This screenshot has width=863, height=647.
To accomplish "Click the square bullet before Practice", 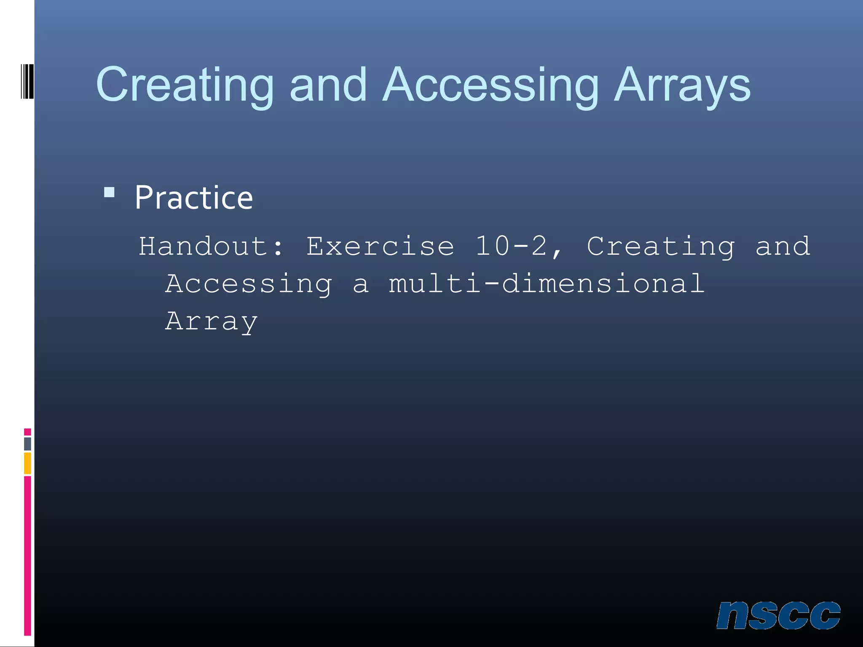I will click(109, 192).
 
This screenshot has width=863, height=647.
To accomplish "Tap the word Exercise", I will click(380, 246).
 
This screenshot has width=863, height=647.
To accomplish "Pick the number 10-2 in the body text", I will click(511, 246).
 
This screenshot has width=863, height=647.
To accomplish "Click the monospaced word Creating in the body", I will click(661, 246).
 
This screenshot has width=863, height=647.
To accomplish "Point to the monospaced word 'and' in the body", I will click(783, 246).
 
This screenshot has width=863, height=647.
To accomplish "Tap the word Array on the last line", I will click(211, 321).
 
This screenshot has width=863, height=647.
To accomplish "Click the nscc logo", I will click(778, 615).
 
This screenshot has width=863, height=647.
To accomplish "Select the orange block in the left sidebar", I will click(27, 463).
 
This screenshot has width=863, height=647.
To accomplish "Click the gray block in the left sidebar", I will click(27, 444).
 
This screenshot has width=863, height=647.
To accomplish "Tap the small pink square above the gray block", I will click(27, 432).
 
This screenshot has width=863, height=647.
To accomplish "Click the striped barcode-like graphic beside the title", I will click(27, 81).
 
